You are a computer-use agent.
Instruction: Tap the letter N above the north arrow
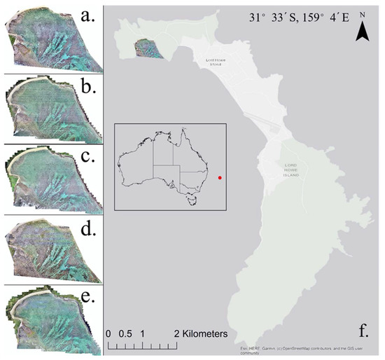point(362,14)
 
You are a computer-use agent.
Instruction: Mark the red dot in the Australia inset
point(220,178)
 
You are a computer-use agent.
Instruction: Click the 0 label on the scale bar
point(108,333)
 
